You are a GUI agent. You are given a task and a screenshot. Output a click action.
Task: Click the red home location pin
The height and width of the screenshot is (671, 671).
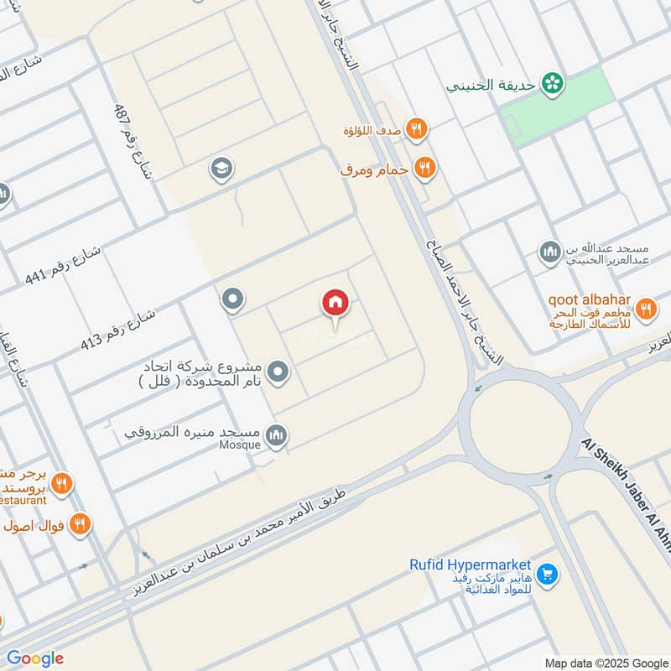[335, 303]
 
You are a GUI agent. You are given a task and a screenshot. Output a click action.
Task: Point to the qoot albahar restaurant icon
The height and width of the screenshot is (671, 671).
[645, 309]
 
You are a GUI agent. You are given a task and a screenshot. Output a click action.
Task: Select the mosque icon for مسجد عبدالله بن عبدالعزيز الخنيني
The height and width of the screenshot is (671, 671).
[550, 252]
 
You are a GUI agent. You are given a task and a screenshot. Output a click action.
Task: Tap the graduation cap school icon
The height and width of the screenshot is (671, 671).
[222, 169]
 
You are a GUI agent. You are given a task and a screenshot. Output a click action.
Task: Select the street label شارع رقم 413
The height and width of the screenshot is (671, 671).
[118, 330]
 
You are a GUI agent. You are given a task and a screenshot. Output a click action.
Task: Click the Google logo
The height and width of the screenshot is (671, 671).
[34, 658]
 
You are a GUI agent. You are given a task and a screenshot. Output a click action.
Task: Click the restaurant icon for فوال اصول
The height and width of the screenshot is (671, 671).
[81, 524]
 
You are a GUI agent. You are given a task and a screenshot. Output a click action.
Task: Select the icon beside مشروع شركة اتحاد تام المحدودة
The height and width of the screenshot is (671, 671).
[278, 371]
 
